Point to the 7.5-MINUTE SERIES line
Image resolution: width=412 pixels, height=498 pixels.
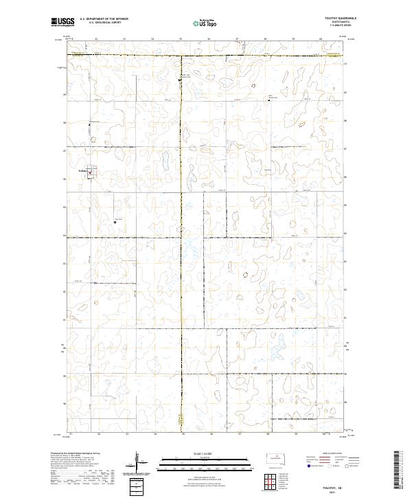(x=341, y=26)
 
